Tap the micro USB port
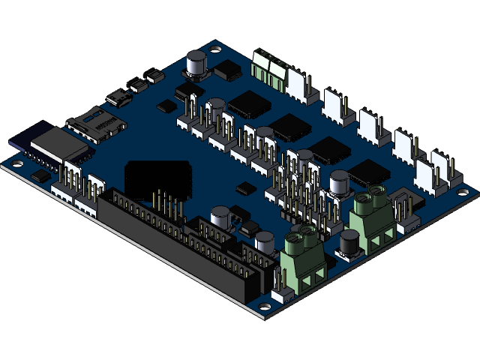(x=118, y=97)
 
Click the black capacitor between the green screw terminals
(x=349, y=245)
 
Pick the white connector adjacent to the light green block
(x=298, y=86)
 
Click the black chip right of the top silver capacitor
(x=228, y=71)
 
